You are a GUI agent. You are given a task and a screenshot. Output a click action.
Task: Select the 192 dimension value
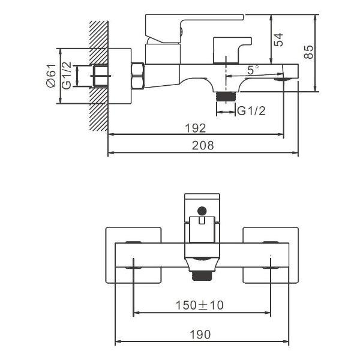[x=196, y=128]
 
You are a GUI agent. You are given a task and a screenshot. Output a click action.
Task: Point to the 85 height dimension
[x=308, y=52]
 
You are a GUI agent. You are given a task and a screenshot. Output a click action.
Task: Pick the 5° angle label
[x=252, y=70]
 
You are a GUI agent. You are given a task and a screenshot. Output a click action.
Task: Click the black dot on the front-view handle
[x=202, y=211]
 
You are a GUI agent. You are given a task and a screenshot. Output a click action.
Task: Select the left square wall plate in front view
[x=133, y=255]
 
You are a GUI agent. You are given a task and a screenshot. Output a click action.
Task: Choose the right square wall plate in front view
[x=270, y=255]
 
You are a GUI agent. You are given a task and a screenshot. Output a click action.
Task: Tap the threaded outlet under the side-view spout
[x=226, y=96]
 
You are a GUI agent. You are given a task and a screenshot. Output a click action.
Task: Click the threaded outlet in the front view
[x=202, y=275]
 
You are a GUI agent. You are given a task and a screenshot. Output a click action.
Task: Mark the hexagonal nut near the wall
[x=137, y=76]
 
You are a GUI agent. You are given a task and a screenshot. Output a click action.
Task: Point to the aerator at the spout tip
[x=281, y=78]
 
